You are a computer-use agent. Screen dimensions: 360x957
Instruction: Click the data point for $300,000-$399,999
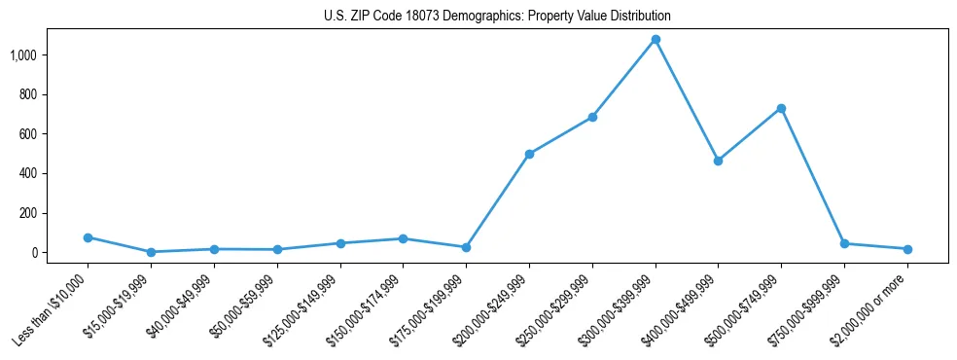coord(656,40)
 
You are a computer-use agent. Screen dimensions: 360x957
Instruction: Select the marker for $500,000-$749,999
coord(781,108)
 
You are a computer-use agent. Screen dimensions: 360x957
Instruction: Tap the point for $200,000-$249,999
coord(529,154)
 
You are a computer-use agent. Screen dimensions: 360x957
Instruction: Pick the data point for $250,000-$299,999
coord(592,117)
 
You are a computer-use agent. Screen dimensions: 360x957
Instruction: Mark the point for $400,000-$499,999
coord(718,161)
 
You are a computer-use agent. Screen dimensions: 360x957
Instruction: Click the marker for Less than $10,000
coord(88,237)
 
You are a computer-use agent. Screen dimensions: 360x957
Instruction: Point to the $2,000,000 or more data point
coord(907,249)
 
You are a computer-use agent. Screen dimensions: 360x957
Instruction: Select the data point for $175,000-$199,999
coord(466,247)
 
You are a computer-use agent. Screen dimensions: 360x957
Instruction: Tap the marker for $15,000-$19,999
coord(151,252)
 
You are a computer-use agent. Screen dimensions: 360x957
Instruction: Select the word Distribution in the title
coord(639,17)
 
